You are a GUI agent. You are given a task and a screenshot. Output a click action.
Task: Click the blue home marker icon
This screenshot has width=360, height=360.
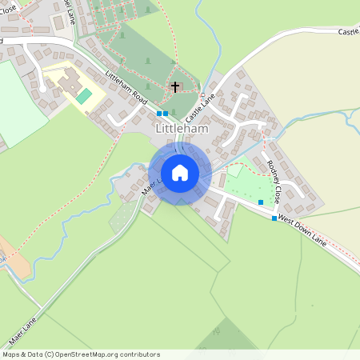tap(180, 173)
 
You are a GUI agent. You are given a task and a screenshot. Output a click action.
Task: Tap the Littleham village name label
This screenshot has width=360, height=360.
tap(182, 128)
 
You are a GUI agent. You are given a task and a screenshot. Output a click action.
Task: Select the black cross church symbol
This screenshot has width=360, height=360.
tap(174, 86)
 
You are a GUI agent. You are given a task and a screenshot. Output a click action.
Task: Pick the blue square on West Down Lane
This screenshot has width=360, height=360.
tap(274, 218)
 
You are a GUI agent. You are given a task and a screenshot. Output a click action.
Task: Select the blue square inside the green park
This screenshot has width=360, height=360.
tap(260, 202)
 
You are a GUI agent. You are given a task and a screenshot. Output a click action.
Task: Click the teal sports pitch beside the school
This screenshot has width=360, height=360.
tap(84, 96)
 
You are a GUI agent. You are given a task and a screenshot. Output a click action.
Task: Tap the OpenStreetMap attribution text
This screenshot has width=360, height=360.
tap(81, 354)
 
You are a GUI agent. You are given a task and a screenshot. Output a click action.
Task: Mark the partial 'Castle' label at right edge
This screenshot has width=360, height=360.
tap(348, 32)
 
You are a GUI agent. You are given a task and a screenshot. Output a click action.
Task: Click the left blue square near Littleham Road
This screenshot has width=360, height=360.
tap(159, 114)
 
